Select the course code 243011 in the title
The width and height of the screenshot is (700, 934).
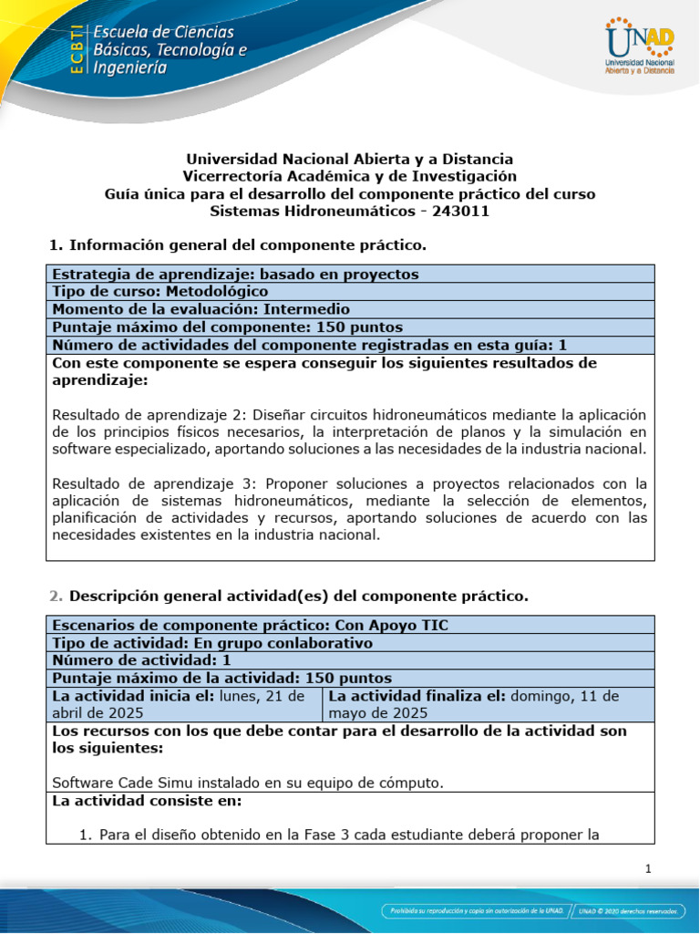click(x=460, y=211)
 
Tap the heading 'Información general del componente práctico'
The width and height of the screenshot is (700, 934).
click(x=247, y=245)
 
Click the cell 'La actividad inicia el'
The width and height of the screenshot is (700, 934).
click(x=183, y=704)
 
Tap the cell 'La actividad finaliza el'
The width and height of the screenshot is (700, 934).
click(x=489, y=704)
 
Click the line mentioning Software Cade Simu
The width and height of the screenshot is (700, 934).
click(x=247, y=782)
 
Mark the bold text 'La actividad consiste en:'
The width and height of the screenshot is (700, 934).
click(x=147, y=801)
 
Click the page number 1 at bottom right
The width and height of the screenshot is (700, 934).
click(x=648, y=869)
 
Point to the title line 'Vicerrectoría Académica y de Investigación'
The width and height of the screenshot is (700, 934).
click(x=349, y=176)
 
